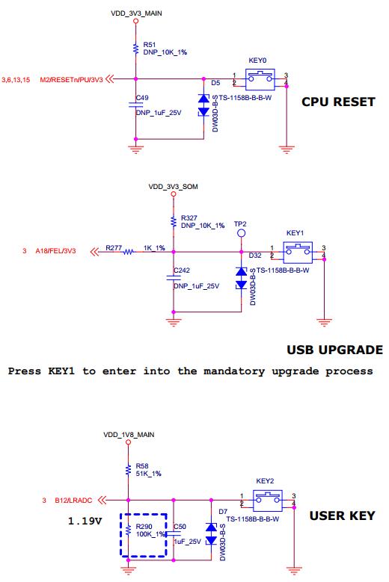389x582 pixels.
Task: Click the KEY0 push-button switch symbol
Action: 260,79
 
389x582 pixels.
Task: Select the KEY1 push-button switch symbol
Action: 298,252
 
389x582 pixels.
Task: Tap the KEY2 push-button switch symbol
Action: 268,500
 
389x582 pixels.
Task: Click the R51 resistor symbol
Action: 135,49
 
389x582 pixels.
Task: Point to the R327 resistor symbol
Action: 173,222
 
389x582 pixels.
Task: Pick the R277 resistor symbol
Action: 128,252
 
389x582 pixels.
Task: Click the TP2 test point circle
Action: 241,233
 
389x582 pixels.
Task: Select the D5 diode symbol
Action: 203,105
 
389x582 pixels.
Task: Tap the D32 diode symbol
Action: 241,278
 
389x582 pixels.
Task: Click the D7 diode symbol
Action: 211,533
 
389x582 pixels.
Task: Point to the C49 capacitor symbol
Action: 135,105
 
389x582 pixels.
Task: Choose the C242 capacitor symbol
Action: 173,278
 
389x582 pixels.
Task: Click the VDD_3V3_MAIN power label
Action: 136,13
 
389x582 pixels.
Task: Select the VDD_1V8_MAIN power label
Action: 129,435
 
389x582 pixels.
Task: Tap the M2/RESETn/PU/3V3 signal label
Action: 71,79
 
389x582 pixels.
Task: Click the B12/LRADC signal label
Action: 73,501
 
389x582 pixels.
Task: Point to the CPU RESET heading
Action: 338,102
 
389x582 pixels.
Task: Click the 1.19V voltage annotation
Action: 85,521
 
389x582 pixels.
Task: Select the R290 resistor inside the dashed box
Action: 128,530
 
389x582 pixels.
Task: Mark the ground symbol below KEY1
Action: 324,322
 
